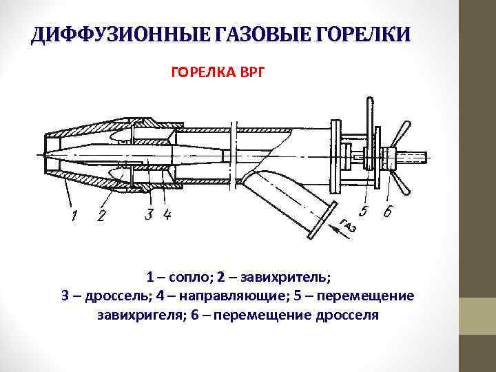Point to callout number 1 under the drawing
coord(73,217)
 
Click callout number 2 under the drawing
coord(101,217)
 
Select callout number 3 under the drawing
coord(149,215)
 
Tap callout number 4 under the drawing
coord(165,215)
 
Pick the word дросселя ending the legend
coord(347,315)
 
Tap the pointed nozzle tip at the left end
coord(43,153)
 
